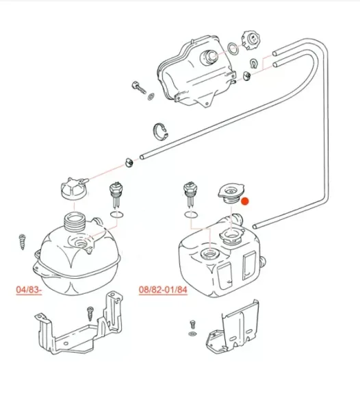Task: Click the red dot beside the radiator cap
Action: tap(245, 201)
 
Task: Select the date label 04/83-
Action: tap(29, 290)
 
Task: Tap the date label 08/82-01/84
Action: tap(163, 290)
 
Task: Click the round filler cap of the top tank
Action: tap(250, 40)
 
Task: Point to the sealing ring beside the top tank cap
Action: tap(233, 49)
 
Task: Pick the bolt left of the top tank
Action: tap(138, 88)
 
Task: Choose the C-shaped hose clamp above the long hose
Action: tap(160, 131)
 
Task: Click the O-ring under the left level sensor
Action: tap(117, 214)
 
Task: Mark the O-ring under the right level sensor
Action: tap(191, 214)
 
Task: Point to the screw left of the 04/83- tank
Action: tap(23, 242)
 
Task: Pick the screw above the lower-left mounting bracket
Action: tap(90, 314)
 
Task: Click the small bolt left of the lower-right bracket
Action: tap(193, 324)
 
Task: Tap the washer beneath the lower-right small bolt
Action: tap(193, 334)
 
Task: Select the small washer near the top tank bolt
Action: tap(151, 97)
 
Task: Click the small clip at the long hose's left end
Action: tap(129, 162)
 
